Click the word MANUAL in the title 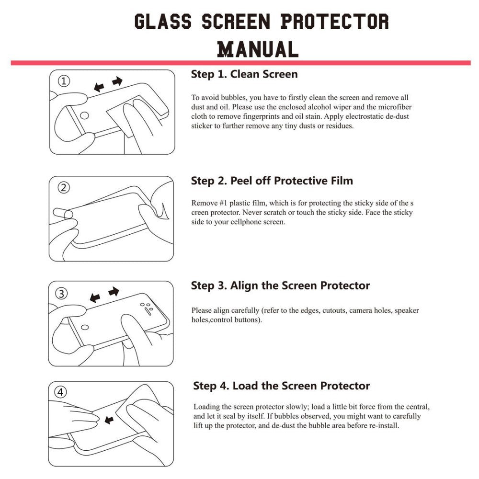[258, 49]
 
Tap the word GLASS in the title [162, 22]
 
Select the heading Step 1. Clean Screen [244, 74]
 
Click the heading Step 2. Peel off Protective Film [272, 181]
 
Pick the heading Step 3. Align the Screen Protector [280, 286]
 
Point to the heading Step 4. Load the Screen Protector [282, 386]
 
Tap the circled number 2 [63, 188]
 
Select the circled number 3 [62, 294]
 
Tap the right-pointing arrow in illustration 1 [117, 81]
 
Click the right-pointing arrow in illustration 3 [114, 291]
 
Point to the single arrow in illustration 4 [109, 420]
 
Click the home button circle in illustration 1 [84, 115]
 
